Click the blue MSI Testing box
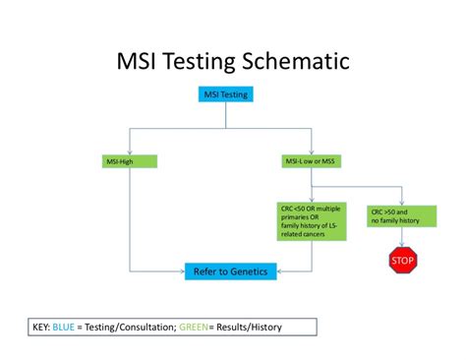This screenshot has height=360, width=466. pyautogui.click(x=225, y=95)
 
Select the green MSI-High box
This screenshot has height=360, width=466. pyautogui.click(x=130, y=160)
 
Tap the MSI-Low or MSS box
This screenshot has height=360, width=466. pyautogui.click(x=311, y=160)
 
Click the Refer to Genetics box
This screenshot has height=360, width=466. pyautogui.click(x=230, y=270)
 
